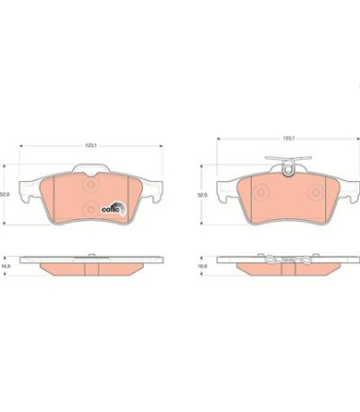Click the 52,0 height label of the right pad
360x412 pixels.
(202, 194)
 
